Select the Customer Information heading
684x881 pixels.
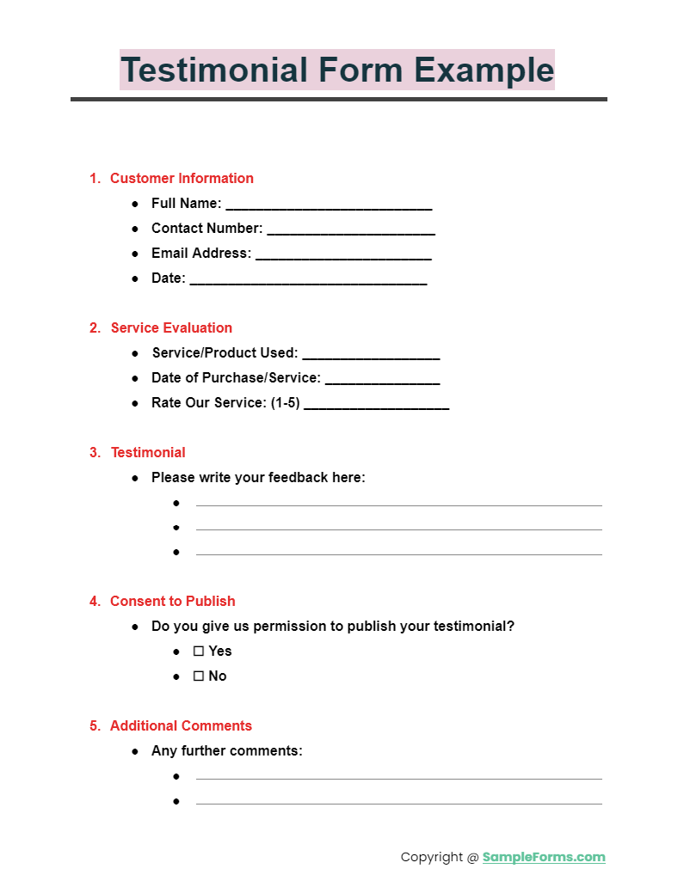pyautogui.click(x=182, y=179)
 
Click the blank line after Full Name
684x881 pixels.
pyautogui.click(x=328, y=205)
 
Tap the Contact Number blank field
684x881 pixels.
pyautogui.click(x=350, y=230)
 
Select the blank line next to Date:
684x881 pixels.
pyautogui.click(x=307, y=280)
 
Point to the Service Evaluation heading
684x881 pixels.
pyautogui.click(x=171, y=327)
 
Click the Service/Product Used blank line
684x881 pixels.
pyautogui.click(x=371, y=355)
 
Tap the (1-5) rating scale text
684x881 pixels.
pyautogui.click(x=285, y=402)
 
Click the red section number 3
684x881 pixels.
pyautogui.click(x=95, y=453)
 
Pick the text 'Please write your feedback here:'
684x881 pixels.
pyautogui.click(x=258, y=478)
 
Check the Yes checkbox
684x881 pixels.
pyautogui.click(x=198, y=652)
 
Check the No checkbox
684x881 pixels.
pyautogui.click(x=198, y=676)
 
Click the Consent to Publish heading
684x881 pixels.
pyautogui.click(x=172, y=602)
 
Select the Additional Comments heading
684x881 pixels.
pyautogui.click(x=181, y=726)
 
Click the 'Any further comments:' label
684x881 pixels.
pyautogui.click(x=226, y=751)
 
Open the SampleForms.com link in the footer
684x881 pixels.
pyautogui.click(x=543, y=857)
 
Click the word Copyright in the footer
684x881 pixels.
pyautogui.click(x=432, y=857)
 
